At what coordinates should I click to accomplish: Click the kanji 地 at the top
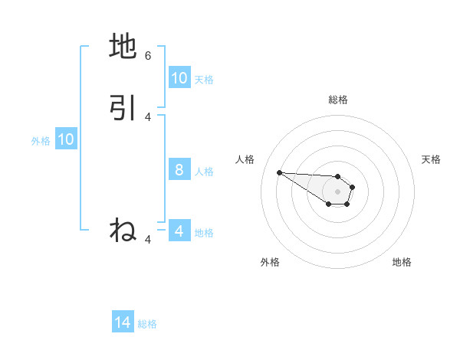point(123,47)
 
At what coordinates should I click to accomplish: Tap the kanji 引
point(123,108)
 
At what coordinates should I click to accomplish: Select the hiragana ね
point(123,231)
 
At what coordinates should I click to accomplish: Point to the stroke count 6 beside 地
point(148,55)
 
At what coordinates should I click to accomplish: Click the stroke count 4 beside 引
point(148,116)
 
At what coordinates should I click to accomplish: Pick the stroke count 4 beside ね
point(148,240)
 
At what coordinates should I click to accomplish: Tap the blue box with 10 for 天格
point(179,78)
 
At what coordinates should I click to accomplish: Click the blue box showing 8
point(179,170)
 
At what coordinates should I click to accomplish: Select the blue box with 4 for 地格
point(179,231)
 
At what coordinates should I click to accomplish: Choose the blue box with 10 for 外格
point(66,139)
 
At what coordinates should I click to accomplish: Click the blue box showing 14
point(123,323)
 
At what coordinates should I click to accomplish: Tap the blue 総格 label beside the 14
point(147,324)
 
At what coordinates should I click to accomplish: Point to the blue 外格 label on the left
point(41,140)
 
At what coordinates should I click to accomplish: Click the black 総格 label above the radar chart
point(337,100)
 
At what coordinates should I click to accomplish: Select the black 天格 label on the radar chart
point(431,159)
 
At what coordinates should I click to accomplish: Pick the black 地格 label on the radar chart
point(402,262)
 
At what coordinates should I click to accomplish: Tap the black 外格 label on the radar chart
point(270,262)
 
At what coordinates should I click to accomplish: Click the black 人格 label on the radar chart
point(245,159)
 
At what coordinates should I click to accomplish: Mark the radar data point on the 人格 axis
point(279,172)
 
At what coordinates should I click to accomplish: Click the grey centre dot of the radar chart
point(337,191)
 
